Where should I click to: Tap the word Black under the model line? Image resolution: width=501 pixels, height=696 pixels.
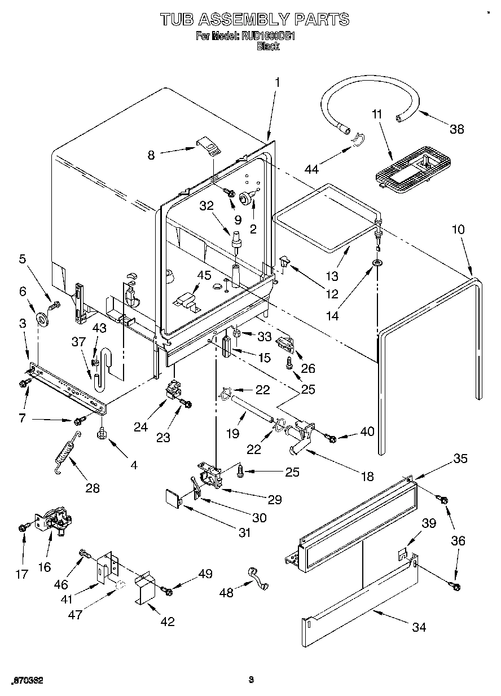pos(268,47)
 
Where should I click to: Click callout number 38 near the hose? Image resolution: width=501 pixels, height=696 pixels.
pos(456,129)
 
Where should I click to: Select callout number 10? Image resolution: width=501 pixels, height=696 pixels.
pos(459,230)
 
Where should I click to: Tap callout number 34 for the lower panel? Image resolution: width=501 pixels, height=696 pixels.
pos(419,627)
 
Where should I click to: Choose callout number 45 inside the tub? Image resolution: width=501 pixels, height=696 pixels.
pos(204,275)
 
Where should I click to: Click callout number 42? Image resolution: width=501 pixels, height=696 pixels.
pos(167,622)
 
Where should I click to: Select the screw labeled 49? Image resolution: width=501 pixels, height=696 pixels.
pos(167,589)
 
